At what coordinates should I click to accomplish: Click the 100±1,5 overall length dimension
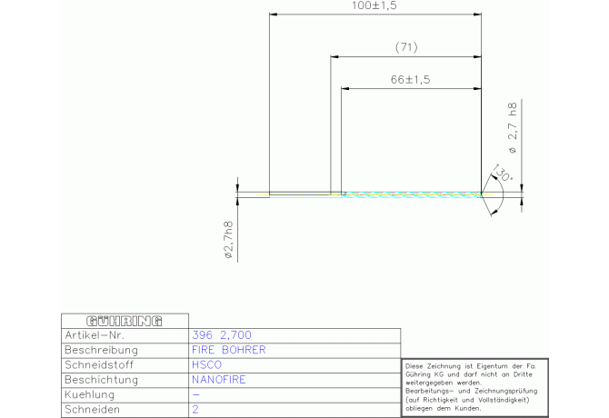(x=374, y=5)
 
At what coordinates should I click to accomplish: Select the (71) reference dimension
(x=406, y=47)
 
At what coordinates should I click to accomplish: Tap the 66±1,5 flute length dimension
(x=411, y=80)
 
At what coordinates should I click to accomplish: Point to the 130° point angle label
(x=502, y=173)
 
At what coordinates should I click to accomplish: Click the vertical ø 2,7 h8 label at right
(x=513, y=128)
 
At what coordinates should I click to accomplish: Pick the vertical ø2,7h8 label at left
(x=229, y=240)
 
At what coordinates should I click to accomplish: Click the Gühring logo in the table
(x=125, y=321)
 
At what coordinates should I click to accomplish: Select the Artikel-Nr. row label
(x=95, y=335)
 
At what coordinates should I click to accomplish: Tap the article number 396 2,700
(x=222, y=335)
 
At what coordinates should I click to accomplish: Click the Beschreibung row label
(x=102, y=350)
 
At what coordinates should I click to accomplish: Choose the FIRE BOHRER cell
(x=229, y=350)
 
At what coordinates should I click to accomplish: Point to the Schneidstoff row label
(x=99, y=364)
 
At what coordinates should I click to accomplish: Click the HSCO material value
(x=206, y=364)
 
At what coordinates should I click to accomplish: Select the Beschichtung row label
(x=102, y=380)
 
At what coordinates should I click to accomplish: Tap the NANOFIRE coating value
(x=219, y=380)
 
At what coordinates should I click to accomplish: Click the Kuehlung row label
(x=90, y=394)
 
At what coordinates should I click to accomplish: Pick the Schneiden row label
(x=92, y=410)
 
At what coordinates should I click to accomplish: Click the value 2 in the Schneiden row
(x=195, y=410)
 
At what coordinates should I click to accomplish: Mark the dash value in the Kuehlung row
(x=196, y=395)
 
